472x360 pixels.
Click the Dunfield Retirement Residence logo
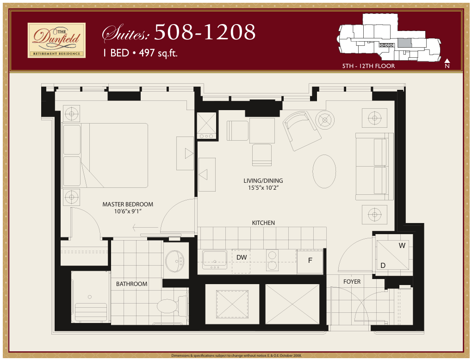coord(56,40)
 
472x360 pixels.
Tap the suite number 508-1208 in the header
coord(205,32)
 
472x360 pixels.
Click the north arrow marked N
coord(447,63)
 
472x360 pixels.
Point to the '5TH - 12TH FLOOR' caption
coord(368,66)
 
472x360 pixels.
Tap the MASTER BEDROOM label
coord(128,204)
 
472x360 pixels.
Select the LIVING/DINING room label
coord(263,181)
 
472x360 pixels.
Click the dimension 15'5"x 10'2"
coord(263,188)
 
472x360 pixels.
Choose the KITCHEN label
coord(263,223)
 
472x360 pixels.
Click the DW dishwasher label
coord(242,257)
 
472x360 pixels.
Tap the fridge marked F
coord(310,261)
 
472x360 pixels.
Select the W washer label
coord(402,246)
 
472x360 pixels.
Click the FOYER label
coord(352,281)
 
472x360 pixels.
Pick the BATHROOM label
coord(132,284)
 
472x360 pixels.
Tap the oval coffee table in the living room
coord(324,171)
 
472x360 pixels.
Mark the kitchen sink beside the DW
coord(215,259)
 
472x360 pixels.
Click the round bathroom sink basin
coord(174,261)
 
